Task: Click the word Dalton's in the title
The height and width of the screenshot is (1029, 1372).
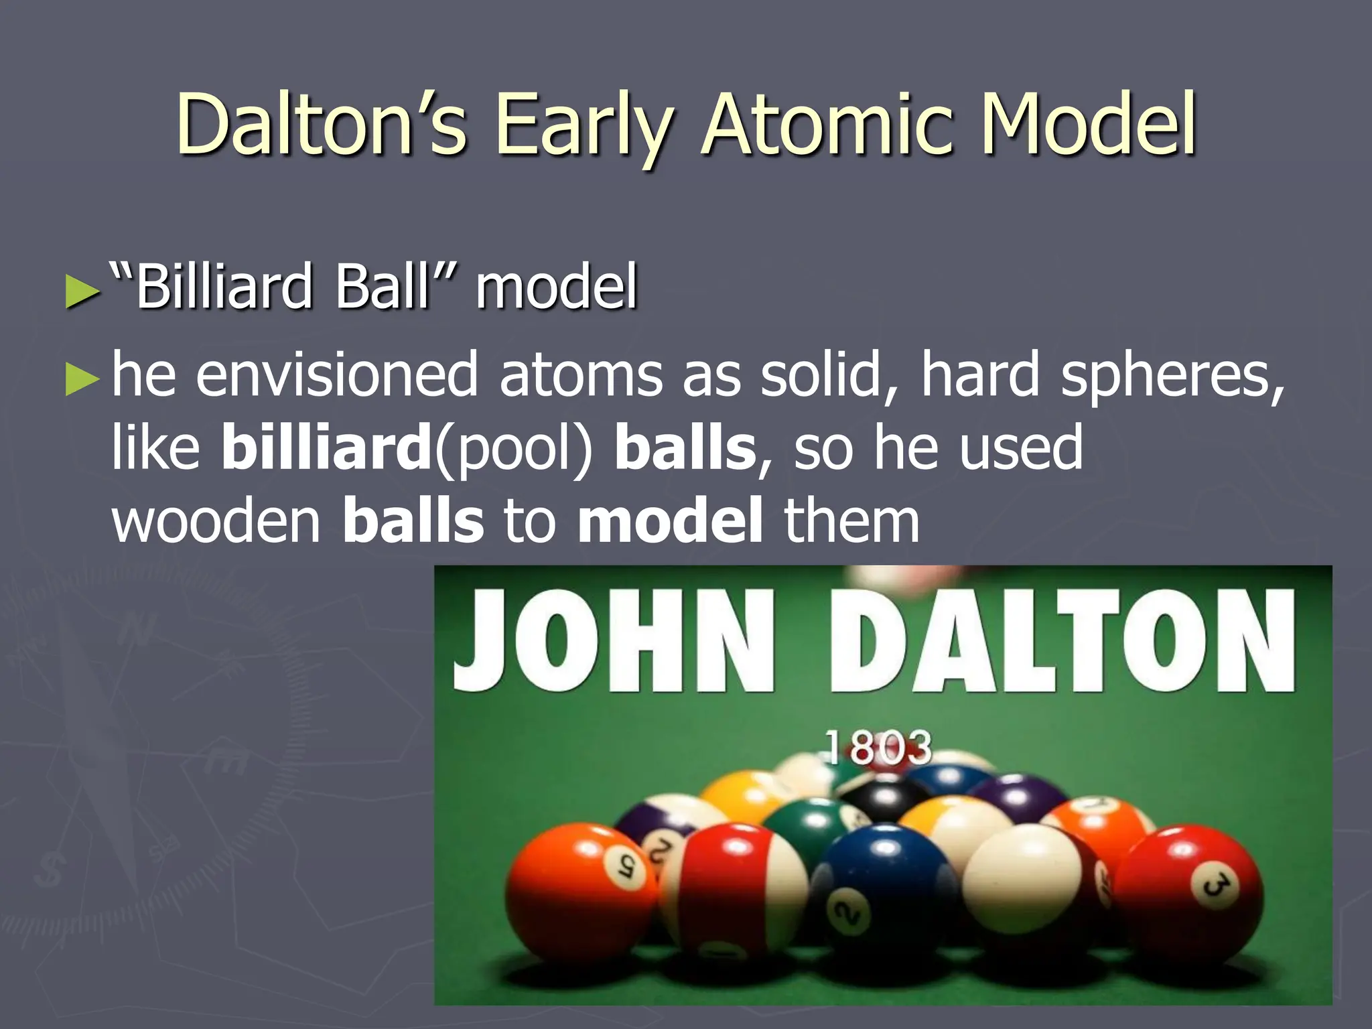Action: click(x=322, y=124)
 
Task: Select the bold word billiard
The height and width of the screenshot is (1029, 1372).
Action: click(x=326, y=447)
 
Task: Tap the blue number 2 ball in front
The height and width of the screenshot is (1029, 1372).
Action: click(x=884, y=891)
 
